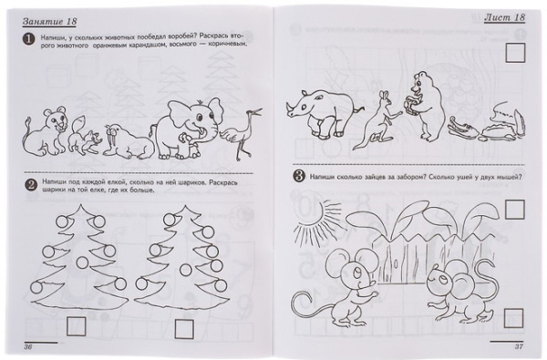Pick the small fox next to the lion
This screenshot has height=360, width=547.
[x=82, y=134]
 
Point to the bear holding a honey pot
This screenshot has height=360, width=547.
[x=425, y=105]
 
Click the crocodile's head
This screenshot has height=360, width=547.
[x=456, y=127]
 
